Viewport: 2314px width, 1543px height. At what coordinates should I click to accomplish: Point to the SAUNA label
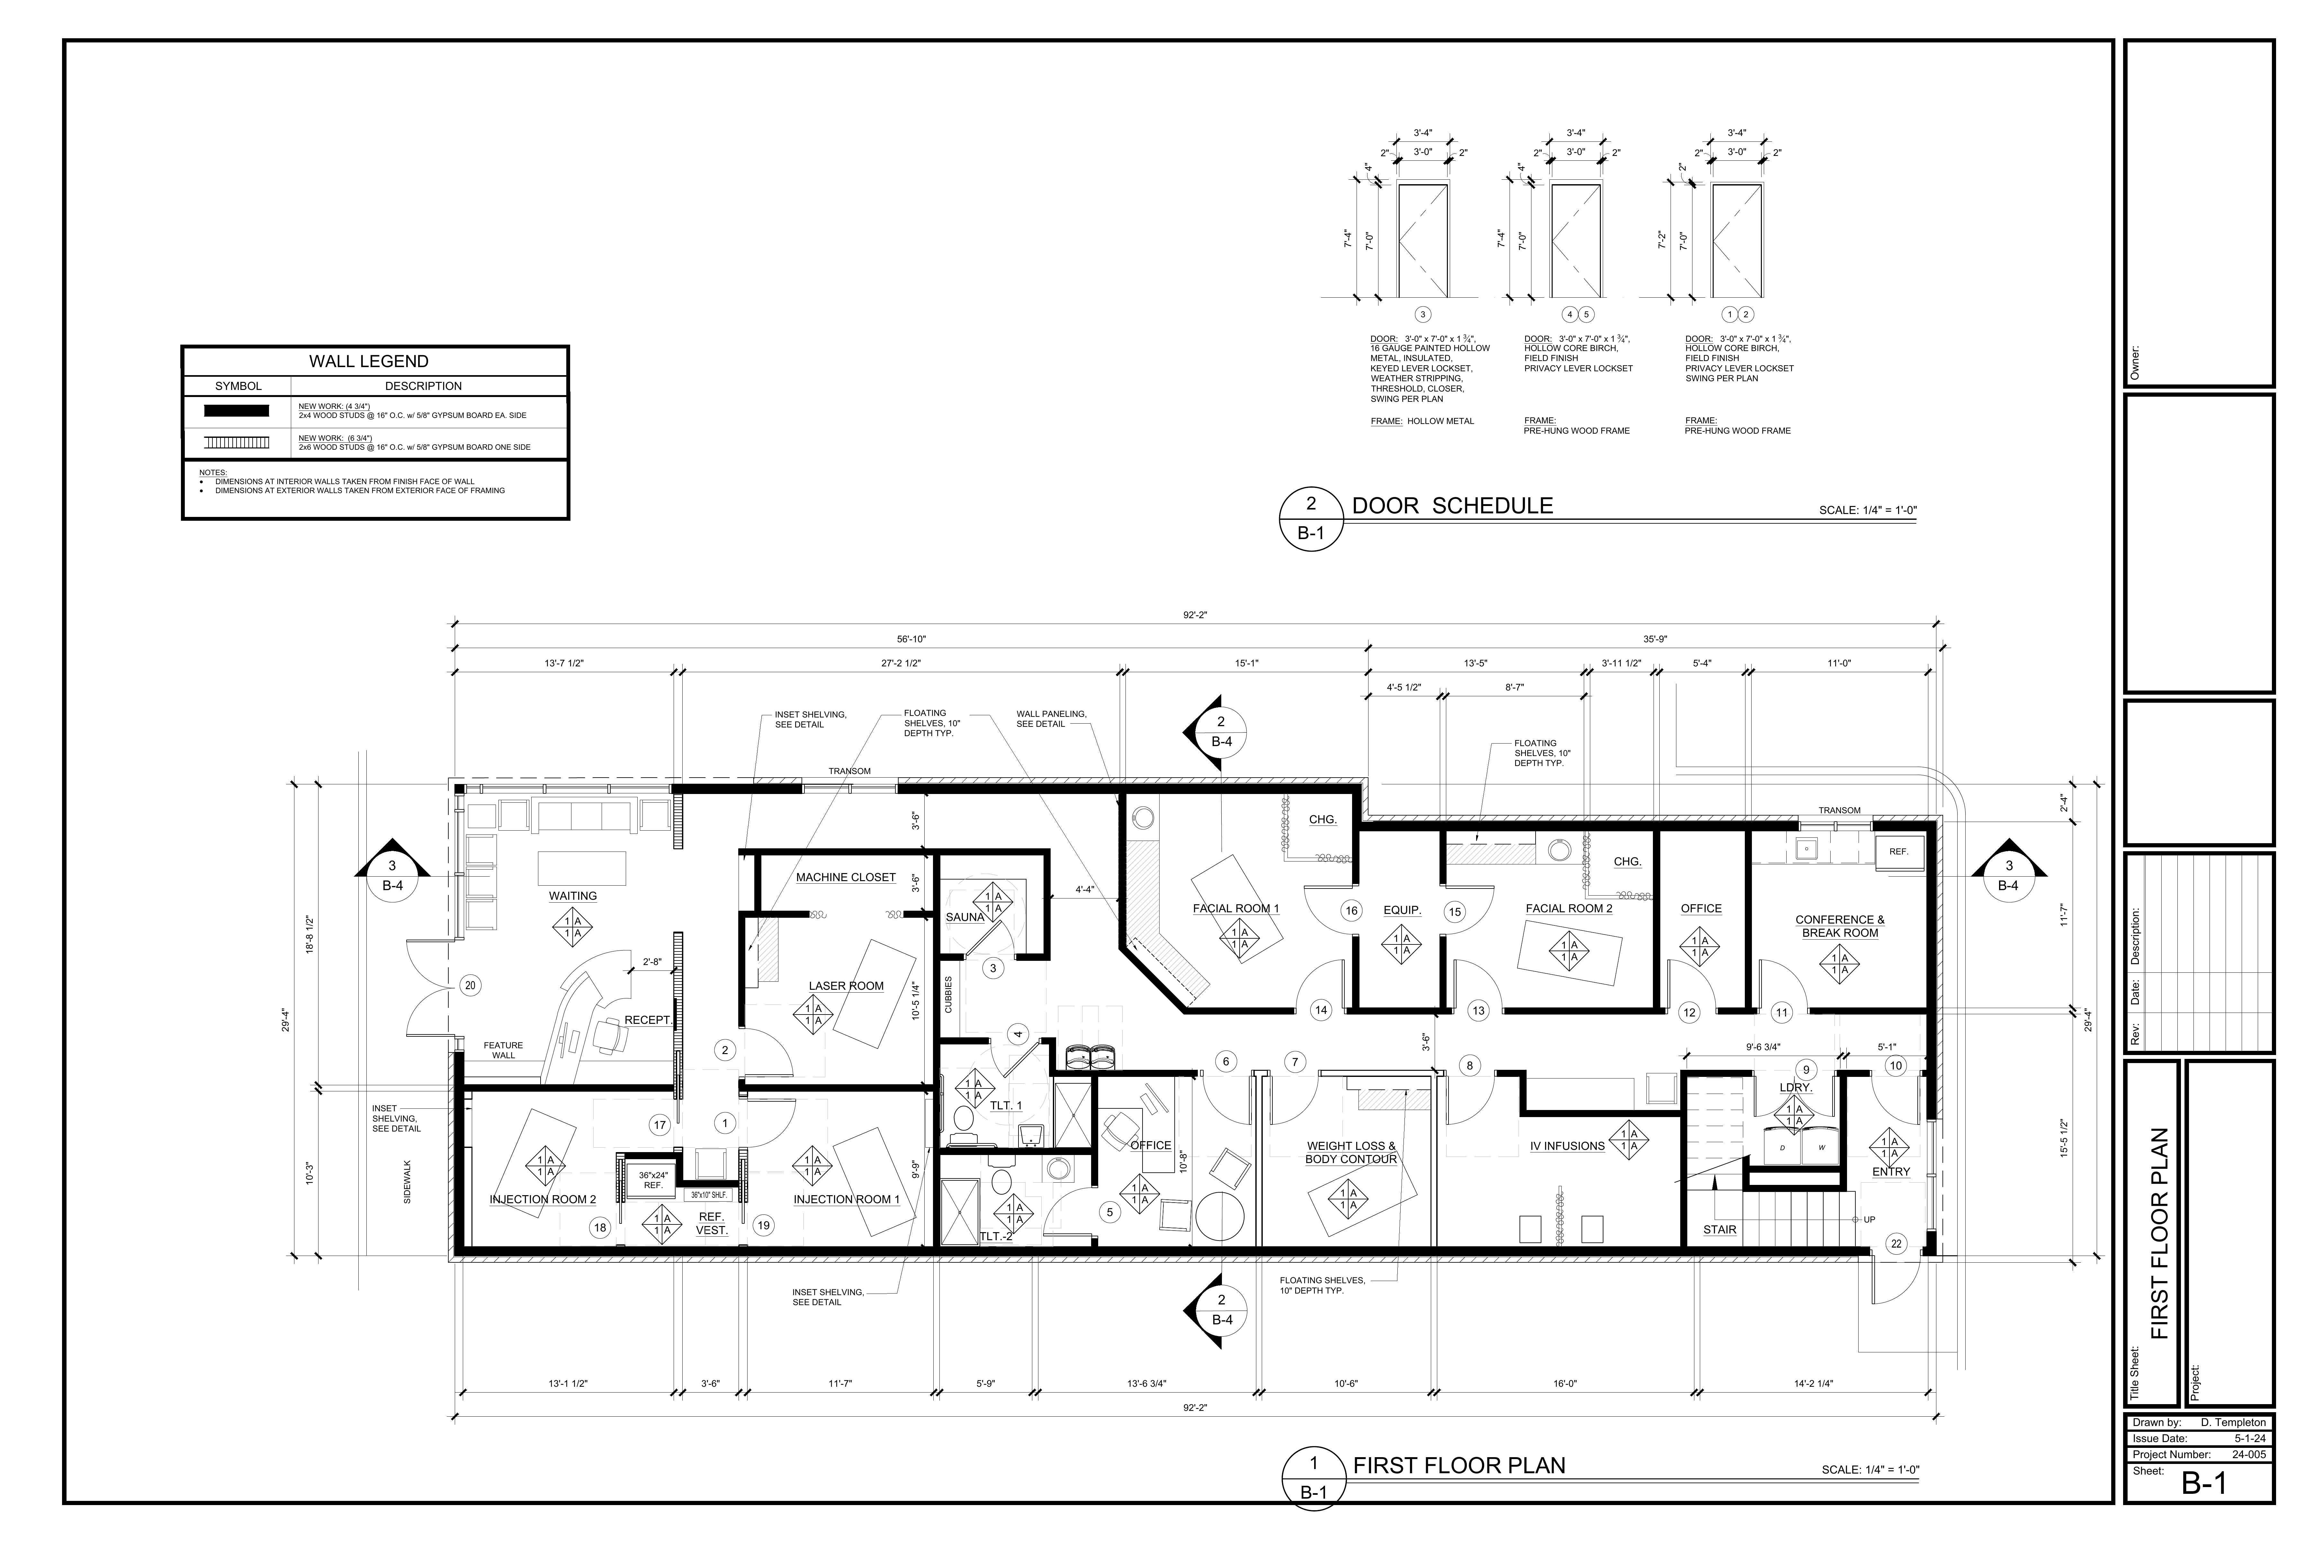pyautogui.click(x=964, y=917)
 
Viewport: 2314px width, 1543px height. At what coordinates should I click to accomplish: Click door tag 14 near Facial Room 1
pyautogui.click(x=1320, y=1010)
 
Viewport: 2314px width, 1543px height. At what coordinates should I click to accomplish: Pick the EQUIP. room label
pyautogui.click(x=1402, y=910)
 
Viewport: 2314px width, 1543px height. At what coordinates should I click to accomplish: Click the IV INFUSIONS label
pyautogui.click(x=1567, y=1145)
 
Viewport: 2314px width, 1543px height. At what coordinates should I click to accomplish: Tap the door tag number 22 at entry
pyautogui.click(x=1896, y=1244)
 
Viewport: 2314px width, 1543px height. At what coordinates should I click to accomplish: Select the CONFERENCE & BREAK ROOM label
pyautogui.click(x=1840, y=926)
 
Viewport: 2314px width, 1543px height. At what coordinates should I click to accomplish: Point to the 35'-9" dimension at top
pyautogui.click(x=1655, y=639)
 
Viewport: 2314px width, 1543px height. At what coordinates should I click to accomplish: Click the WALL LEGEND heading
pyautogui.click(x=369, y=361)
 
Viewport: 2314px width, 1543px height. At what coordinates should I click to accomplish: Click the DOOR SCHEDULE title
pyautogui.click(x=1452, y=506)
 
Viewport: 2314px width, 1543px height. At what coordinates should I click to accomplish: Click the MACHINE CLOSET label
pyautogui.click(x=846, y=877)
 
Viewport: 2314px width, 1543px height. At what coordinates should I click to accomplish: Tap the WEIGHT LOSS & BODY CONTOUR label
pyautogui.click(x=1351, y=1152)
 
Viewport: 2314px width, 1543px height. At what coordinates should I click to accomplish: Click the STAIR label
pyautogui.click(x=1720, y=1229)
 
